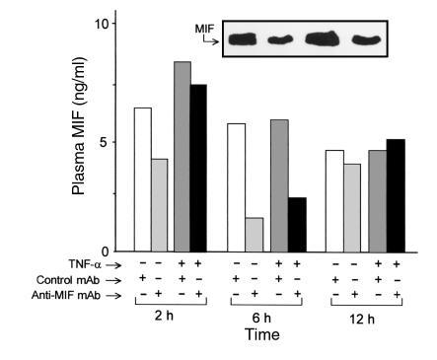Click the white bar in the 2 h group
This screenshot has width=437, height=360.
(x=142, y=179)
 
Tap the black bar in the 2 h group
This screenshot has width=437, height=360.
(x=199, y=168)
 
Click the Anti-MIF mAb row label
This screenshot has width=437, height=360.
(x=82, y=295)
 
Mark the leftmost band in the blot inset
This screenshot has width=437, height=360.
(x=246, y=38)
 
